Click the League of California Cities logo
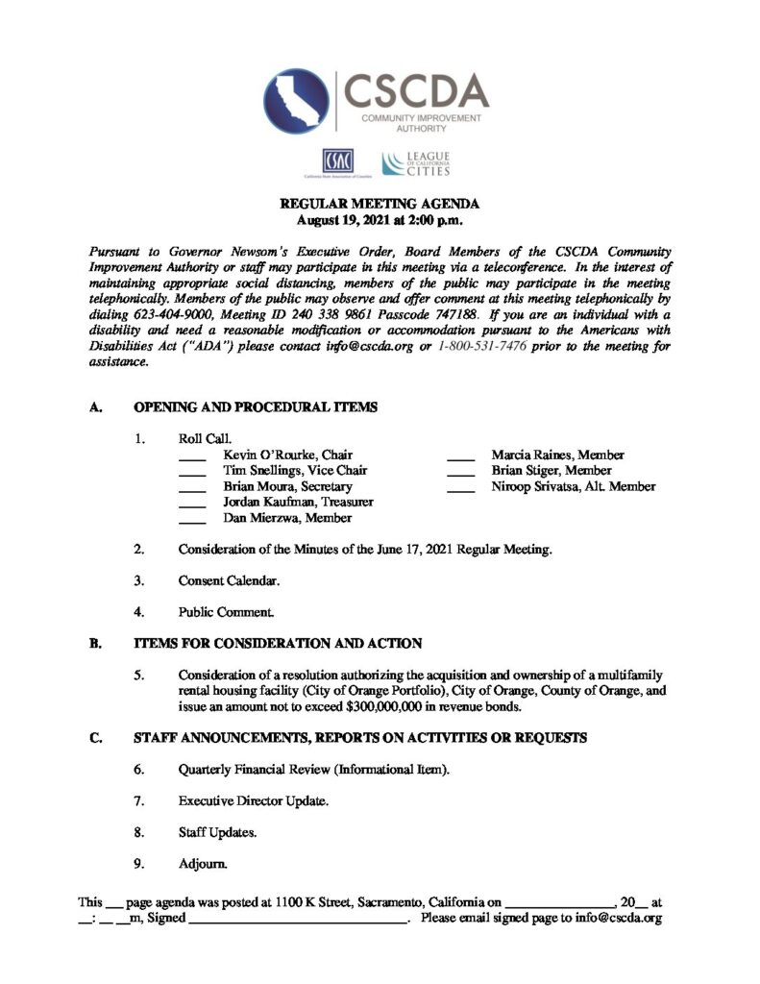pyautogui.click(x=415, y=163)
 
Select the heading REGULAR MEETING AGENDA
pyautogui.click(x=379, y=204)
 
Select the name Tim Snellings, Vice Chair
pyautogui.click(x=295, y=471)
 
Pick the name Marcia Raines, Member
pyautogui.click(x=557, y=455)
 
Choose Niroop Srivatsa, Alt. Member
pyautogui.click(x=574, y=486)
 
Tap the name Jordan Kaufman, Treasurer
pyautogui.click(x=298, y=502)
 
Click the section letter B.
pyautogui.click(x=94, y=644)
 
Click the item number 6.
pyautogui.click(x=139, y=770)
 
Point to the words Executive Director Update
pyautogui.click(x=251, y=800)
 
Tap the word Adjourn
pyautogui.click(x=203, y=863)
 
